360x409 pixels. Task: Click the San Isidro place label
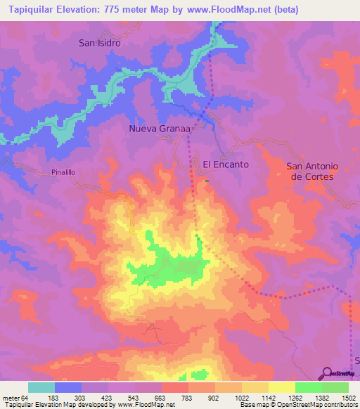[100, 43]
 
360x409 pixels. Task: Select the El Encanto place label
[226, 164]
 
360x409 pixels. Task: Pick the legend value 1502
[349, 397]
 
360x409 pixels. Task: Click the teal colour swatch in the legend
[41, 387]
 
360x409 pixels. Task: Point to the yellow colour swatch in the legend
[281, 387]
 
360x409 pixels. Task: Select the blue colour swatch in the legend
[68, 387]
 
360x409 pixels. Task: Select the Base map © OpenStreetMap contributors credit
[297, 405]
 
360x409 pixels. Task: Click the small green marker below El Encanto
[207, 181]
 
